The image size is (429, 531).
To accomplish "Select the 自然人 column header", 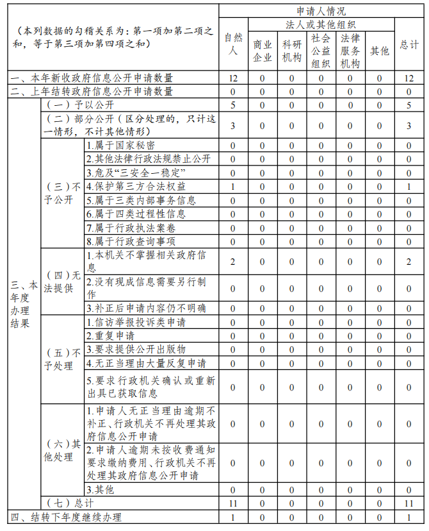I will (233, 44).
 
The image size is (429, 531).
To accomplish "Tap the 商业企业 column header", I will (262, 51).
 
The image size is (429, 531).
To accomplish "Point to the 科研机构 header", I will (291, 51).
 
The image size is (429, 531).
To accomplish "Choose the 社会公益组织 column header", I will (321, 51).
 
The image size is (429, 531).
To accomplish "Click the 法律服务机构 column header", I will (350, 51).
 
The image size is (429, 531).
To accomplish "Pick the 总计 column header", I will (409, 44).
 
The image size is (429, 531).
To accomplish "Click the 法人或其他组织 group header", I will (321, 24).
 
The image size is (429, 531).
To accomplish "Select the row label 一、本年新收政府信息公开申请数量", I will (91, 78).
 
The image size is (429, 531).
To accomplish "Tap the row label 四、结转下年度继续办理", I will (65, 518).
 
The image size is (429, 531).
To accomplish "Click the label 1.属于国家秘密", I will (120, 146).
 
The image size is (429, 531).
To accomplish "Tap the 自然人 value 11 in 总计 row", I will (233, 503).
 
